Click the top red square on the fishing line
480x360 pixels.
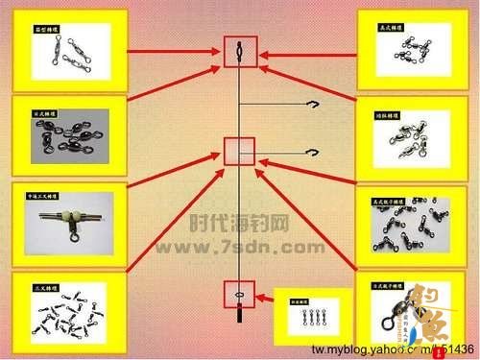tap(239, 51)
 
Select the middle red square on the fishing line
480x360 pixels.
tap(239, 152)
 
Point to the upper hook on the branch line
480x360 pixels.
tap(312, 106)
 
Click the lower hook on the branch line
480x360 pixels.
tap(311, 151)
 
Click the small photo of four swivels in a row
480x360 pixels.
tap(310, 316)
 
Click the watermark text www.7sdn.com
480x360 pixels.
tap(239, 248)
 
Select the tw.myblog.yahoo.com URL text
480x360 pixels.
tap(389, 348)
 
